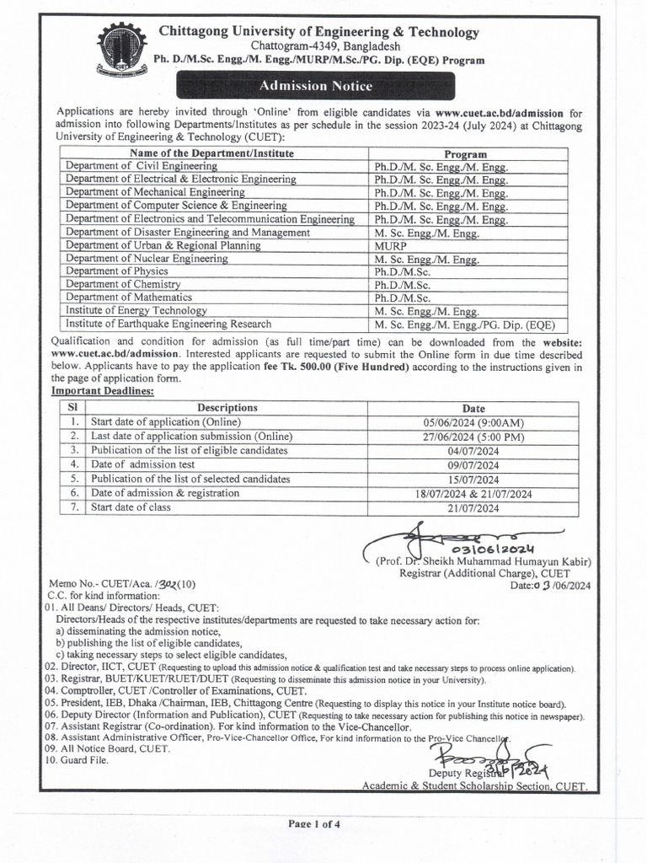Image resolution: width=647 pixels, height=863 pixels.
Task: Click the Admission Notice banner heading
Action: [x=315, y=86]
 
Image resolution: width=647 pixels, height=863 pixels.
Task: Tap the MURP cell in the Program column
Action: [x=390, y=245]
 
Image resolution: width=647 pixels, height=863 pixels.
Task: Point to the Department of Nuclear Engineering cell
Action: [x=147, y=259]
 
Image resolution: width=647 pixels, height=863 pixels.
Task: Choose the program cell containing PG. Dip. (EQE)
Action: [x=466, y=324]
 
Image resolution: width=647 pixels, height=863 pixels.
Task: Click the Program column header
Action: [x=465, y=154]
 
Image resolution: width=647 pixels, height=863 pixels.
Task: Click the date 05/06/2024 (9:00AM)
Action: [x=473, y=421]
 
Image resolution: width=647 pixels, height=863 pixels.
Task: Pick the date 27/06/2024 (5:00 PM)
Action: [x=473, y=436]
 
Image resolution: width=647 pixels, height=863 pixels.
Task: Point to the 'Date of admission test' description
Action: [x=143, y=464]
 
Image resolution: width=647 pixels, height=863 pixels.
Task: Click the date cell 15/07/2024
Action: [x=473, y=479]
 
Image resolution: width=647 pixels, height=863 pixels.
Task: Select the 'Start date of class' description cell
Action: [x=131, y=507]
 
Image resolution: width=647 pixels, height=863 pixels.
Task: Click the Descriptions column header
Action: [x=227, y=407]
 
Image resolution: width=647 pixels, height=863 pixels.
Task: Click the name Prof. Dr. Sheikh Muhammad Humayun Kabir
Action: [x=484, y=562]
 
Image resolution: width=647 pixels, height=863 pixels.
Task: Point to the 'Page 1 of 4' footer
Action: [x=314, y=823]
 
